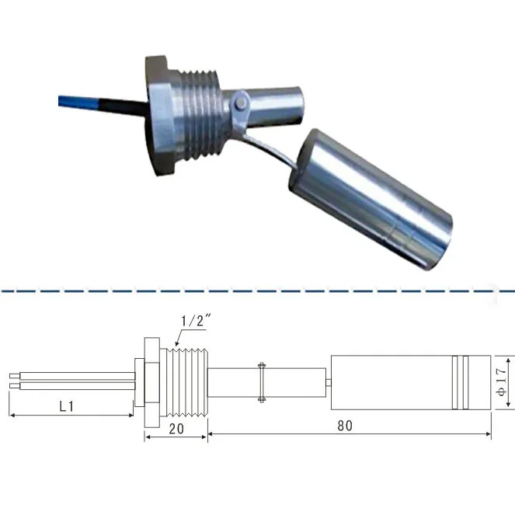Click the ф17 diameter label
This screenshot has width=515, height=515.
pyautogui.click(x=503, y=382)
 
